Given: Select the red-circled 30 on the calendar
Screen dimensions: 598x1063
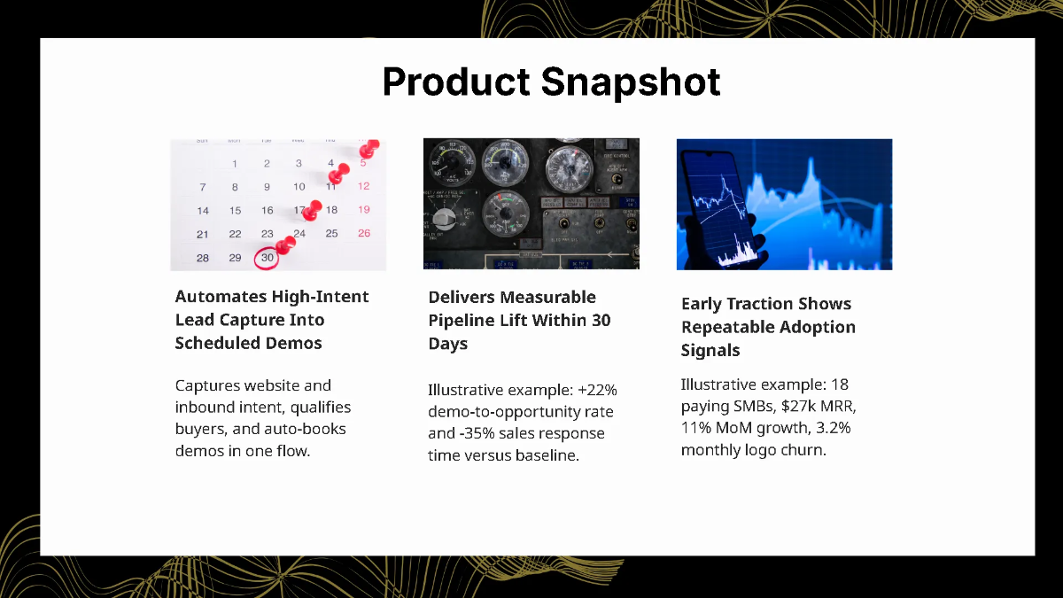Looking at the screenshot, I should (x=267, y=258).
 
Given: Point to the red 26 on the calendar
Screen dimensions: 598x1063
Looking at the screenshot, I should (x=363, y=234).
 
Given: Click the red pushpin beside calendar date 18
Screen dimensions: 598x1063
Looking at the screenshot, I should (x=311, y=211).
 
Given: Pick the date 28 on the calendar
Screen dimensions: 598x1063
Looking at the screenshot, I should (x=203, y=258).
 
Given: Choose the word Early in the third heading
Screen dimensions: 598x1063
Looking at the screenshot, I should (x=703, y=304).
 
